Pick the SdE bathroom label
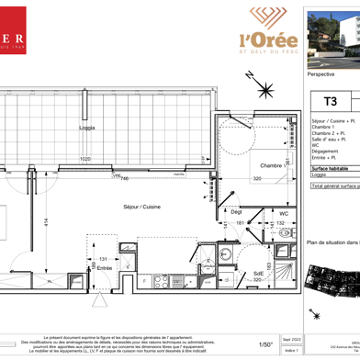[x=259, y=274]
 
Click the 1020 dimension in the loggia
[x=84, y=160]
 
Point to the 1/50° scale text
[x=266, y=344]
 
